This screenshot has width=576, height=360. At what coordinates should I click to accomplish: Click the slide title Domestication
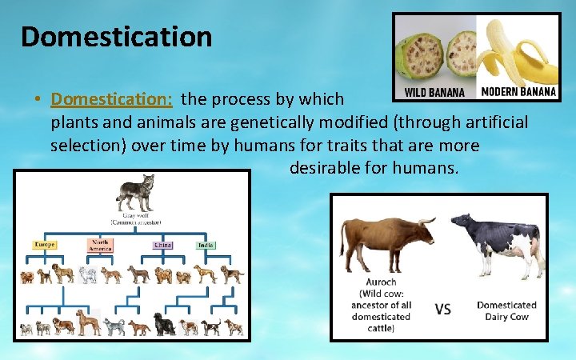click(116, 36)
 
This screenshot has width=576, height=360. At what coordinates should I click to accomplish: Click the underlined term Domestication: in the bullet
click(111, 99)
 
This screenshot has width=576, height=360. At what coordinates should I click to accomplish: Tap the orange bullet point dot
click(38, 100)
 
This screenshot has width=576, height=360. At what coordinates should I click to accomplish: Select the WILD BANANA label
click(434, 92)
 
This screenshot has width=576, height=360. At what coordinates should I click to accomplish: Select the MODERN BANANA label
click(518, 91)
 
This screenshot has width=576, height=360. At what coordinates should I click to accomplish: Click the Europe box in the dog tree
click(45, 244)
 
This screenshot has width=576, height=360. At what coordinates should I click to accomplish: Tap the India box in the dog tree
click(206, 244)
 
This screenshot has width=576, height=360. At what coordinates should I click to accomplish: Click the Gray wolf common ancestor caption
click(135, 218)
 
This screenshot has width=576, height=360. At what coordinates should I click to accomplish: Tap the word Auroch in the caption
click(382, 282)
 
